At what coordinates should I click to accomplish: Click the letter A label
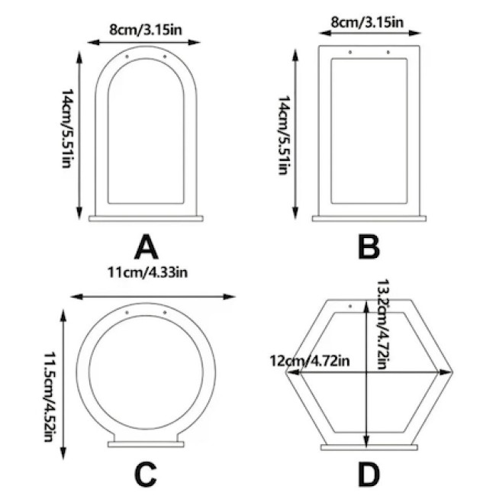pos(147,247)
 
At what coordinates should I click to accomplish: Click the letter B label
pos(369,247)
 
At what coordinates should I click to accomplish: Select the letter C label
pos(146,475)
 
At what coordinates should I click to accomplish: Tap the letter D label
pos(369,475)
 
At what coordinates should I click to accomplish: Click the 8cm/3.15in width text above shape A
pos(146,30)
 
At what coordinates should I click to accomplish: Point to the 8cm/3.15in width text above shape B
pos(367,22)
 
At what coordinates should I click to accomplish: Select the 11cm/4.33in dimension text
pos(147,272)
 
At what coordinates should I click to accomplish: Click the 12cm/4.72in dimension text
pos(310,361)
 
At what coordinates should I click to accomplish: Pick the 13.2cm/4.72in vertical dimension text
pos(382,324)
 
